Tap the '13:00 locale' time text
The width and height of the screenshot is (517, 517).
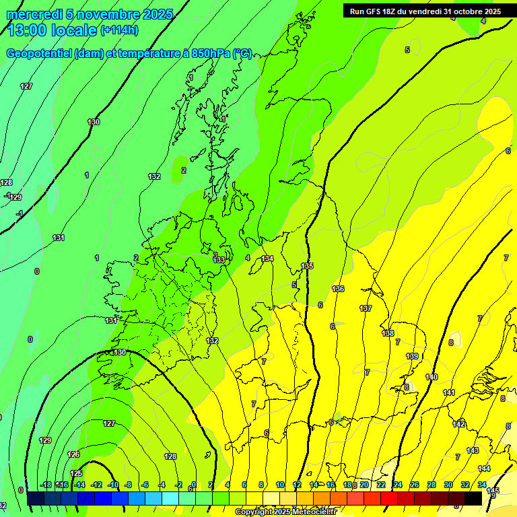(x=53, y=30)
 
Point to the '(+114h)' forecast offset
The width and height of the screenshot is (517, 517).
(x=119, y=30)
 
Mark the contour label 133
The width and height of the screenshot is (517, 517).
(x=219, y=260)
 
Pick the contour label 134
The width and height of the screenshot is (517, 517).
(x=268, y=258)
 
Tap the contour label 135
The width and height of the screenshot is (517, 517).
(x=307, y=266)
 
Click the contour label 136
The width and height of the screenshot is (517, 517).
(x=338, y=289)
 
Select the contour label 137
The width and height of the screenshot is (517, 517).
(x=366, y=308)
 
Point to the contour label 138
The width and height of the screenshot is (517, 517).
(x=388, y=333)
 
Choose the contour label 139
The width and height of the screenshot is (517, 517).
(x=412, y=356)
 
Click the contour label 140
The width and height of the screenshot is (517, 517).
(x=432, y=377)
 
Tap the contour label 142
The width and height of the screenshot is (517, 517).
(x=458, y=424)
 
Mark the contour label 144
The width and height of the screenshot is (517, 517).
(x=484, y=469)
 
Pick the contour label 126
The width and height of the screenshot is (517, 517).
(x=74, y=454)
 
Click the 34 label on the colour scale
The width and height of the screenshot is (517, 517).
(x=482, y=485)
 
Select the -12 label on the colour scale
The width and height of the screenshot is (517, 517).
(x=96, y=485)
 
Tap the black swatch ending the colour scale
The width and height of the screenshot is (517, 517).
(x=473, y=498)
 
